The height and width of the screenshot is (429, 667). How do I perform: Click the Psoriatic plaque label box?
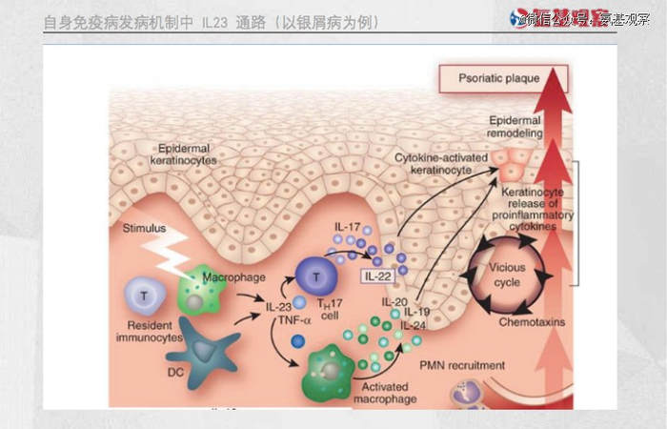pos(501,78)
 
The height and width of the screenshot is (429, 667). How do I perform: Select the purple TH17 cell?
pos(314,276)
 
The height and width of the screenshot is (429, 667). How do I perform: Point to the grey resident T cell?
pos(145,296)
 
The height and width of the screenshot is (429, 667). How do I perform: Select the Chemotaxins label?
pos(533,322)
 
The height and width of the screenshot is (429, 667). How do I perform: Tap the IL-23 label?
pos(278,307)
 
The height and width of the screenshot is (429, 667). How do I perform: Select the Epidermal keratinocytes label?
pos(183,154)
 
